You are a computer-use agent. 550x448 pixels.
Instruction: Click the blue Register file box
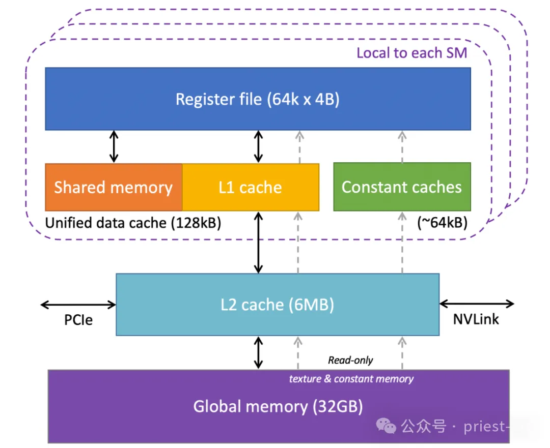[258, 99]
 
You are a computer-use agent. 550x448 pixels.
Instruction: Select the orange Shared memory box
[114, 187]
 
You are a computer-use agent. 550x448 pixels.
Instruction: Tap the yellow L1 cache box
[251, 187]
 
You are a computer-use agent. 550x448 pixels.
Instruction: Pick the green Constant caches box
[402, 187]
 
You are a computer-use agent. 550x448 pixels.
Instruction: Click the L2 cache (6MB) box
[278, 305]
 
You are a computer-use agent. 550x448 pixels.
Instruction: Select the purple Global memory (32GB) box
[278, 407]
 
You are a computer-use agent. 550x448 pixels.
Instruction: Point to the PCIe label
[78, 320]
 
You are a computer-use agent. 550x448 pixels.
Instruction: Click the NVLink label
[476, 319]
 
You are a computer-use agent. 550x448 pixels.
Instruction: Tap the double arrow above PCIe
[78, 305]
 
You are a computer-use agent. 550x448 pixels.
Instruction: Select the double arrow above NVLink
[477, 304]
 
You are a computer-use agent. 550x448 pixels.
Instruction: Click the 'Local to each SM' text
[411, 53]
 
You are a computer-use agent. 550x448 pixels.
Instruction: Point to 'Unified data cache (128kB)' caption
[133, 223]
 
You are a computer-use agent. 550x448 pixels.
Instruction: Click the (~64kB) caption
[442, 223]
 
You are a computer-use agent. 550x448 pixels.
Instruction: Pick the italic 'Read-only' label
[350, 360]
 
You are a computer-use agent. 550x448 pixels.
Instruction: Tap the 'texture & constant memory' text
[351, 379]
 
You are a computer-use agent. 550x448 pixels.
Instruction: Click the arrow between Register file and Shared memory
[114, 146]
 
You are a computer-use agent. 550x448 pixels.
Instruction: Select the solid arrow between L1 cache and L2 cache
[259, 243]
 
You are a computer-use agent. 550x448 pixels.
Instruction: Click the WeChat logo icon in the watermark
[389, 426]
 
